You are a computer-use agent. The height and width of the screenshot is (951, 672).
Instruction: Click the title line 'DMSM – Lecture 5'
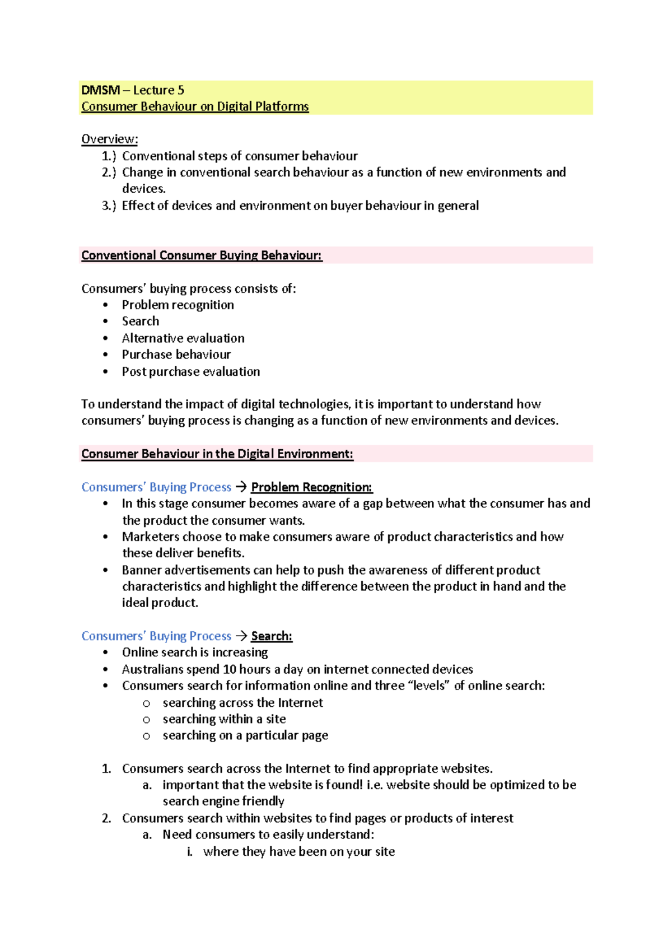[133, 90]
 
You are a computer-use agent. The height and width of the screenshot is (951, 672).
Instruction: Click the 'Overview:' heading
[109, 139]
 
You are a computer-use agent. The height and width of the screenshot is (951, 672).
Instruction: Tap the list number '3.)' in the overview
[109, 206]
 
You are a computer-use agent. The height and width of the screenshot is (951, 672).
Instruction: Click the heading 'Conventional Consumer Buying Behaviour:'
[202, 255]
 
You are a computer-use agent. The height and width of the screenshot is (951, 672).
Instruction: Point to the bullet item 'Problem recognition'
[178, 305]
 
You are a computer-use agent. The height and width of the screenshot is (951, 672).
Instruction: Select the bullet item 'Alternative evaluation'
[183, 338]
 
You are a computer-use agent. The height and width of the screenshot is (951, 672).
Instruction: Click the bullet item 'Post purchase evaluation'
[190, 371]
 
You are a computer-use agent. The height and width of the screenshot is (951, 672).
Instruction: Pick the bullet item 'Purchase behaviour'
[176, 355]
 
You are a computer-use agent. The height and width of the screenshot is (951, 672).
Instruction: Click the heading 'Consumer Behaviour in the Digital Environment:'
[217, 454]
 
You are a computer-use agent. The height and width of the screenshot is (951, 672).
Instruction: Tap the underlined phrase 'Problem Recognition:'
[311, 487]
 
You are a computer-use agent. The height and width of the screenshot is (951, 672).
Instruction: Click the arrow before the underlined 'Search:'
[241, 636]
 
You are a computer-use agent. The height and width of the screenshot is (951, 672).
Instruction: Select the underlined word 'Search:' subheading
[272, 636]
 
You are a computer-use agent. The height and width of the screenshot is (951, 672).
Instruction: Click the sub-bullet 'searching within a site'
[224, 719]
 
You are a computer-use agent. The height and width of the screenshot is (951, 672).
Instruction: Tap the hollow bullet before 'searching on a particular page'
[146, 736]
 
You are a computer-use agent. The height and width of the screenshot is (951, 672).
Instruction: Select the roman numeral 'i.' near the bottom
[190, 852]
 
